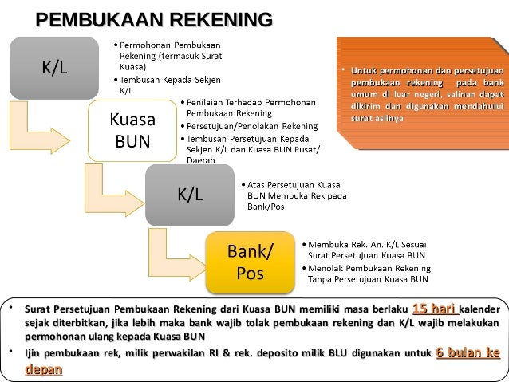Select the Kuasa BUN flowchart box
[132, 131]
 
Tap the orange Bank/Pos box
[251, 262]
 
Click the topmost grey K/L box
[54, 68]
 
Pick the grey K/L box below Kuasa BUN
[189, 194]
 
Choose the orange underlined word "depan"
[44, 370]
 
